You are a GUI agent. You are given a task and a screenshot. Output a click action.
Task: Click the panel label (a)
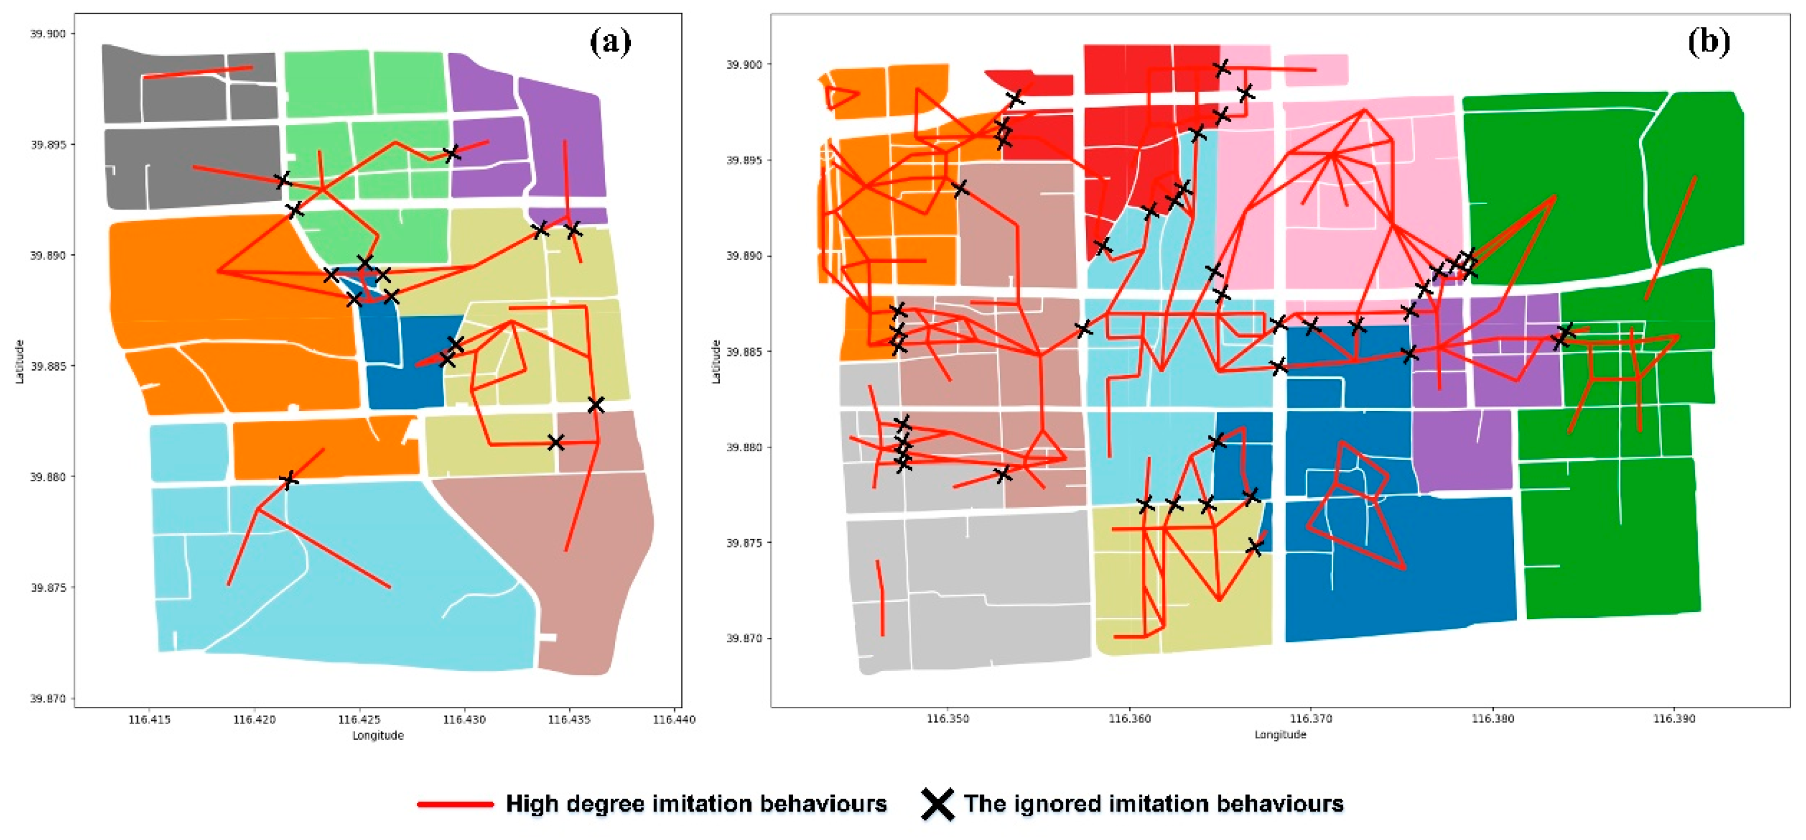pyautogui.click(x=609, y=43)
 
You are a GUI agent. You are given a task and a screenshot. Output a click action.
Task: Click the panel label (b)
pyautogui.click(x=1708, y=43)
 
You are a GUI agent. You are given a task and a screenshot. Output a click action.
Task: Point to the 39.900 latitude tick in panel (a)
pyautogui.click(x=47, y=34)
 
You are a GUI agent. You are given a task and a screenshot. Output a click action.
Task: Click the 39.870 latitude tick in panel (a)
pyautogui.click(x=47, y=698)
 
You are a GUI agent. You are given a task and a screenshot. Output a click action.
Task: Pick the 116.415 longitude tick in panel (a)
pyautogui.click(x=149, y=719)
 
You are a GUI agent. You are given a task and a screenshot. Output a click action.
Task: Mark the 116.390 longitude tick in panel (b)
pyautogui.click(x=1674, y=719)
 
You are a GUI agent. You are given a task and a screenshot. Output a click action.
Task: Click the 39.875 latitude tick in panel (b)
pyautogui.click(x=744, y=543)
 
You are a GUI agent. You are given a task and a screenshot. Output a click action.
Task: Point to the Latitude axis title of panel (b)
pyautogui.click(x=716, y=361)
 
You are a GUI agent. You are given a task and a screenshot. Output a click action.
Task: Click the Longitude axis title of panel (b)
pyautogui.click(x=1280, y=735)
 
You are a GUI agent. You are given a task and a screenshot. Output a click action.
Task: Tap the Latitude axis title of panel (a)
pyautogui.click(x=19, y=361)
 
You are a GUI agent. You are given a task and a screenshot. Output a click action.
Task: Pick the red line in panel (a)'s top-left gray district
pyautogui.click(x=198, y=72)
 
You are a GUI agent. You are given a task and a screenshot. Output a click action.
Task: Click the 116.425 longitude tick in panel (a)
pyautogui.click(x=359, y=719)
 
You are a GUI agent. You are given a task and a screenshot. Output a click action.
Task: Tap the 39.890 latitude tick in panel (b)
pyautogui.click(x=744, y=256)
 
